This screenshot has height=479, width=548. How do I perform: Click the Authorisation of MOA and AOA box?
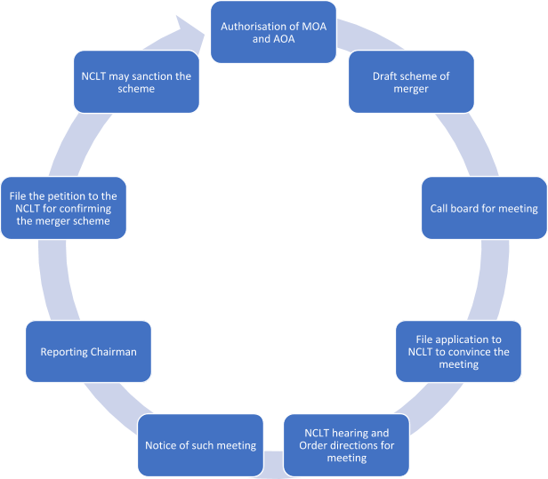tap(272, 32)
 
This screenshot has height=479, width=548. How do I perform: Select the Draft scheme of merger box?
tap(411, 83)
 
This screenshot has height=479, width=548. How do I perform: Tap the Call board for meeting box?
tap(483, 208)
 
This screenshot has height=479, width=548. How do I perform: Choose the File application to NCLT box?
tap(458, 351)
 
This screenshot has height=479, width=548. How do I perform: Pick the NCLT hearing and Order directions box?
tap(346, 445)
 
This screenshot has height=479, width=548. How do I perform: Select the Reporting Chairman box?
tap(89, 351)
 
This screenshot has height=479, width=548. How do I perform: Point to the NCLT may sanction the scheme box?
tap(135, 83)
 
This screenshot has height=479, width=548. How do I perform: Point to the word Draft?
tap(387, 76)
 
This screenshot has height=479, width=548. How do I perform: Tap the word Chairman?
tap(115, 351)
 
